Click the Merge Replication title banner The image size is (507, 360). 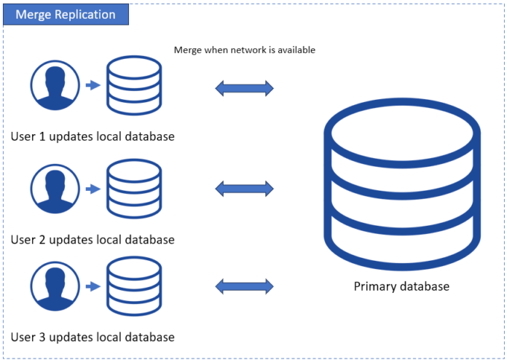point(66,15)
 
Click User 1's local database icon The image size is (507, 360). point(134,85)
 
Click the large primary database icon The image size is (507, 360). point(401,185)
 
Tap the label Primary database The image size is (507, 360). point(401,286)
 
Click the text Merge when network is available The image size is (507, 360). point(244,50)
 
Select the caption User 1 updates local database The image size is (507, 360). point(93,136)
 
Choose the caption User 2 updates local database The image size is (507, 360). point(93,239)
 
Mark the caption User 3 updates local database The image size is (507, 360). point(93,337)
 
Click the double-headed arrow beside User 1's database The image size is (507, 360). point(244,89)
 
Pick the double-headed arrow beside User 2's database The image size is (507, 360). point(244,189)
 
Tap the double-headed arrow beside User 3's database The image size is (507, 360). point(244,285)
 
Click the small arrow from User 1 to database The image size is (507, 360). point(93,86)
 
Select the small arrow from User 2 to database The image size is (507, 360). point(93,189)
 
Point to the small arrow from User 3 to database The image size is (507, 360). point(93,286)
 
